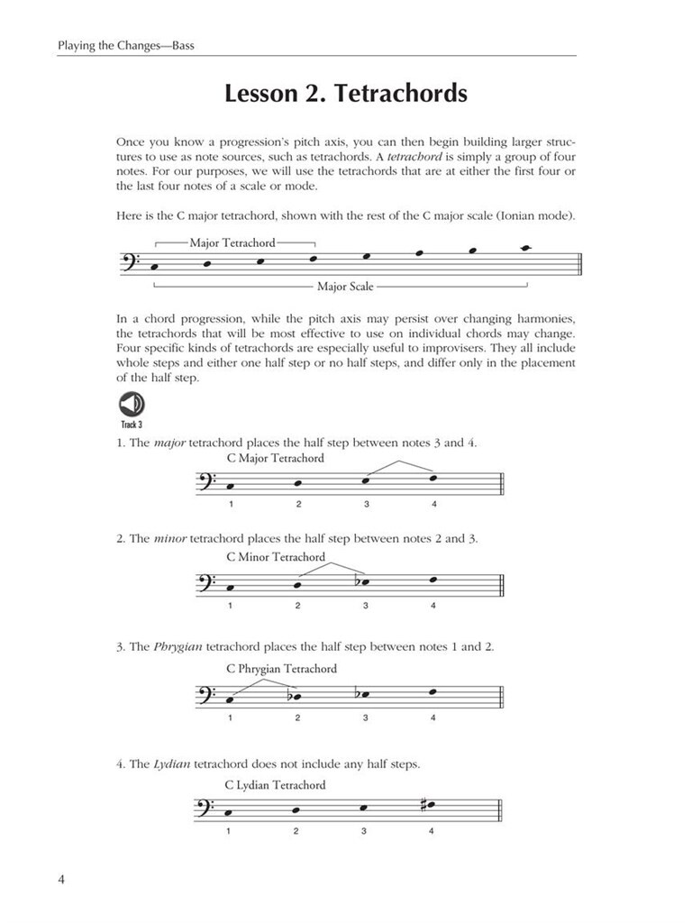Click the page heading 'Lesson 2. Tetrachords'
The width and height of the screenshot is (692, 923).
[346, 94]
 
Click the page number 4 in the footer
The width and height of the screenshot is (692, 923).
[61, 879]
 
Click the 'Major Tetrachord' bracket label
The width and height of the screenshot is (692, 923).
[232, 242]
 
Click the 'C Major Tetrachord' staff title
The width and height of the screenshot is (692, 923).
[276, 458]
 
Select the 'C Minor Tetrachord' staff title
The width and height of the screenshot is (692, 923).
[276, 556]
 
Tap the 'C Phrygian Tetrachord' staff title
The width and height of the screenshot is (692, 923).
[282, 669]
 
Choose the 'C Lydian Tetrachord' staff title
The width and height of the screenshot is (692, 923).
[276, 784]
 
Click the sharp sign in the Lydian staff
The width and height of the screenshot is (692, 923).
[423, 804]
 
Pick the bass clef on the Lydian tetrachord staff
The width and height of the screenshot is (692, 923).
[205, 809]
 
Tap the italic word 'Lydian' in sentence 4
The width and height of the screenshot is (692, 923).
[171, 763]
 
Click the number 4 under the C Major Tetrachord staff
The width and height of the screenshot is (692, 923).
[433, 503]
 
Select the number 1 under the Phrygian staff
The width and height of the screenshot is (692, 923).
[230, 717]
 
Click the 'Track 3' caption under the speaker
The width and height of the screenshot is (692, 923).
[132, 423]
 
